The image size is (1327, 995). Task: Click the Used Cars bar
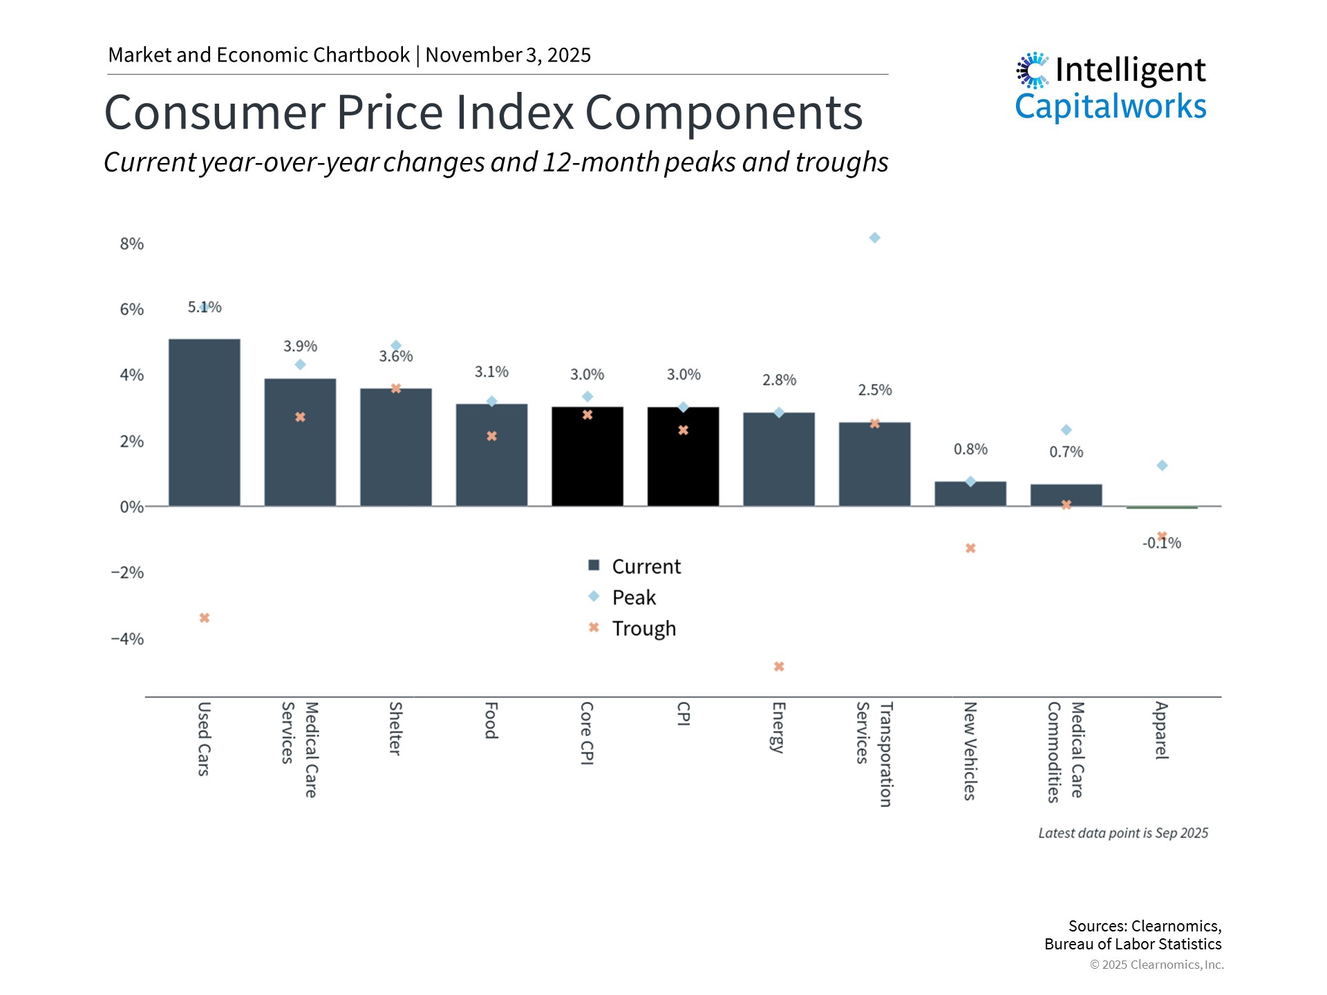click(205, 422)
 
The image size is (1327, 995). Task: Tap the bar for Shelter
click(395, 447)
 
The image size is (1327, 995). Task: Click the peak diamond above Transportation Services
click(874, 238)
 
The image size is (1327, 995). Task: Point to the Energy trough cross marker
click(779, 667)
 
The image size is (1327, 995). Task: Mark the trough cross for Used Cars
click(205, 618)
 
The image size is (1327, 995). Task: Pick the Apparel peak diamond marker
click(1162, 466)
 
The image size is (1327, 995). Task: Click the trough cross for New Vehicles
click(970, 548)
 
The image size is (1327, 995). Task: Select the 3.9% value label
click(300, 346)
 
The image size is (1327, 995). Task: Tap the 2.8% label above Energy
click(779, 380)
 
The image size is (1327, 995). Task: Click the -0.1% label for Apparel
click(1161, 544)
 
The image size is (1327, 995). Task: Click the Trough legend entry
click(643, 628)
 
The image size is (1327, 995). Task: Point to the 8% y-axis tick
click(131, 244)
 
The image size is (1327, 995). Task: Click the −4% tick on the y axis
click(128, 638)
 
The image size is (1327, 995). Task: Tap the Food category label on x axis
click(491, 720)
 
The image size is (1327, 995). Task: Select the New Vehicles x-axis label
click(970, 750)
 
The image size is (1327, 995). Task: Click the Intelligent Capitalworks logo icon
click(1033, 70)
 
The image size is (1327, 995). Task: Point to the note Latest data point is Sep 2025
click(1122, 833)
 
